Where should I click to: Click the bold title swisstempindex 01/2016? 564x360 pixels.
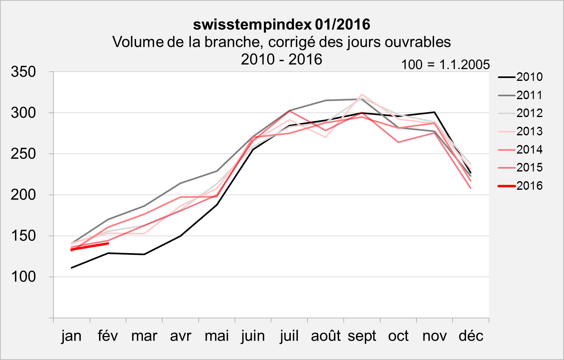tap(281, 25)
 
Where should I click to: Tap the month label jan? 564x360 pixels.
tap(71, 336)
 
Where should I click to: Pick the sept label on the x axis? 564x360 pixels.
tap(362, 336)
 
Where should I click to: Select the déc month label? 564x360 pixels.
tap(471, 336)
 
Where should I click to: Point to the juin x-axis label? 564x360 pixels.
tap(253, 336)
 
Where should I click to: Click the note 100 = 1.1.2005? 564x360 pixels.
tap(445, 65)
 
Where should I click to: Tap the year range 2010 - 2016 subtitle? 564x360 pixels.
tap(281, 59)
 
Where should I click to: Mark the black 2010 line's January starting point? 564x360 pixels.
tap(71, 268)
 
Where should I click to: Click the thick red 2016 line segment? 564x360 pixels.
tap(90, 246)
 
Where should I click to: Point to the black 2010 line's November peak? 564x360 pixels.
tap(434, 112)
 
